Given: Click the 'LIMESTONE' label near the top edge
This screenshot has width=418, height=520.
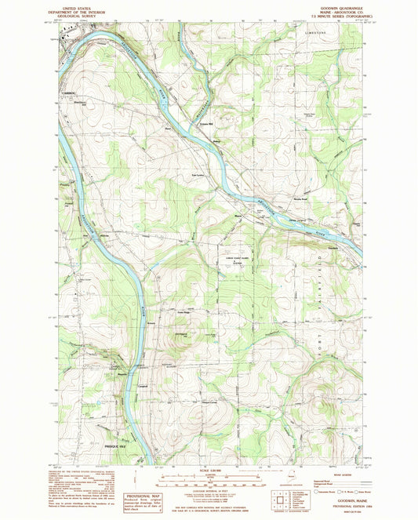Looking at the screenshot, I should tap(314, 34).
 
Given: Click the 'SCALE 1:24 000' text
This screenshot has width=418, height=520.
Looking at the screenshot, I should tap(210, 470).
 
